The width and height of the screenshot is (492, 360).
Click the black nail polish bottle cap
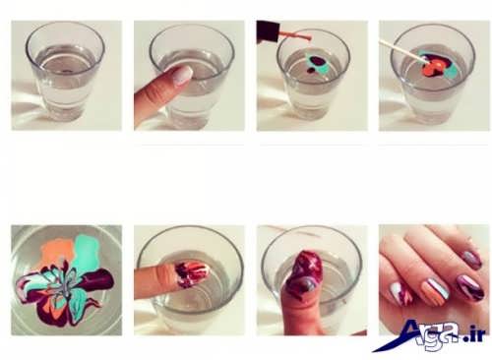(x=268, y=32)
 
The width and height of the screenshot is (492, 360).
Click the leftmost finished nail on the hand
(x=400, y=294)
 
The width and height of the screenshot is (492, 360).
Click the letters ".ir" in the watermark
(x=474, y=335)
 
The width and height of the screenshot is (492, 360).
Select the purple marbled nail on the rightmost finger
(x=469, y=287)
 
